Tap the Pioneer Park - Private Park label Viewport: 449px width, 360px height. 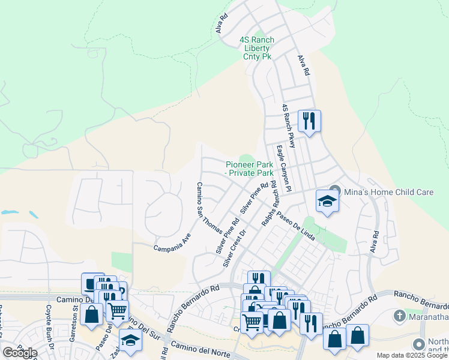click(249, 169)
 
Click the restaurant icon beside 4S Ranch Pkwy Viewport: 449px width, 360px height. click(309, 121)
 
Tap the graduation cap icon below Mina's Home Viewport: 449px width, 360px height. click(327, 201)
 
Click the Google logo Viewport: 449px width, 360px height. click(20, 353)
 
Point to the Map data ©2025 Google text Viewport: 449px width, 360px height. click(412, 355)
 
